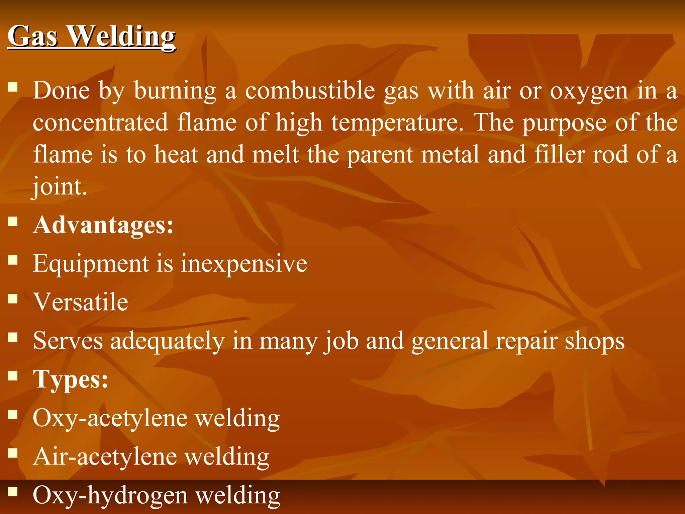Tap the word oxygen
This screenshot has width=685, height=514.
(589, 91)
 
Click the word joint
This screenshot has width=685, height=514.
(60, 186)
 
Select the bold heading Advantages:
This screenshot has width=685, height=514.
(103, 225)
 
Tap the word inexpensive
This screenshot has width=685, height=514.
(244, 264)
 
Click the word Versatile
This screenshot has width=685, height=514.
(81, 302)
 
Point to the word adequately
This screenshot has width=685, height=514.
(167, 341)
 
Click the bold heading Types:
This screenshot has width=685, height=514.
(71, 379)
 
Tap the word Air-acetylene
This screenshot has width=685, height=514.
(105, 457)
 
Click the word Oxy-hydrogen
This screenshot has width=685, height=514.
(110, 495)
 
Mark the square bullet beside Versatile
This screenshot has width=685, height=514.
(13, 298)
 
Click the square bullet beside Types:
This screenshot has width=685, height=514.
(13, 376)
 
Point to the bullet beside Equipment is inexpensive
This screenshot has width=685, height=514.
(13, 260)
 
